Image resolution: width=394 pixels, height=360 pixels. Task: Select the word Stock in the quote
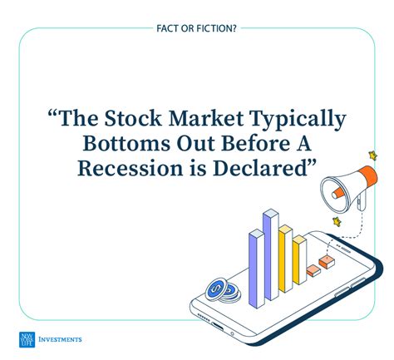(133, 118)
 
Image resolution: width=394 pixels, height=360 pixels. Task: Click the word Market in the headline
(206, 118)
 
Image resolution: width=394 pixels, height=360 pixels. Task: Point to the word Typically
(298, 120)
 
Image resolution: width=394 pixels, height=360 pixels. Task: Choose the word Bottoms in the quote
(126, 143)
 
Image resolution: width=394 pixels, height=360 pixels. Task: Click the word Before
(256, 143)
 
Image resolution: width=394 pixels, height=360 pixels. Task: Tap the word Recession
(131, 169)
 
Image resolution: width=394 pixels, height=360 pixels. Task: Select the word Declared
(260, 169)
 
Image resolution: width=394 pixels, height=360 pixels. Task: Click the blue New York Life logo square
(27, 339)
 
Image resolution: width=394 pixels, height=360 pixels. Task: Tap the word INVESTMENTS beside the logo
(60, 339)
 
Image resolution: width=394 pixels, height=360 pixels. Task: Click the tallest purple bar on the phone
(271, 254)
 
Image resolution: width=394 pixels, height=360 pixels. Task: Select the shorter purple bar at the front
(257, 269)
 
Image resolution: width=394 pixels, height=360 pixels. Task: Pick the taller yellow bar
(286, 259)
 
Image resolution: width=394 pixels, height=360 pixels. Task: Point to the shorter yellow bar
(299, 260)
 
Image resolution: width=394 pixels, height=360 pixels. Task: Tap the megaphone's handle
(361, 202)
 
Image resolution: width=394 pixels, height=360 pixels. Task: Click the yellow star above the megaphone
(373, 155)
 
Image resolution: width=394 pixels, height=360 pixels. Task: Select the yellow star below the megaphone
(337, 222)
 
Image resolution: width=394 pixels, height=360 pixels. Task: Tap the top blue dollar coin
(216, 289)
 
